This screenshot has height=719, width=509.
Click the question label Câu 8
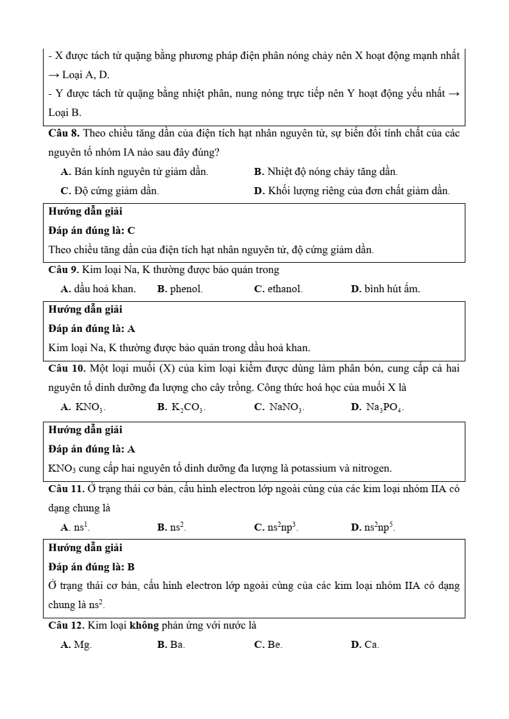[64, 133]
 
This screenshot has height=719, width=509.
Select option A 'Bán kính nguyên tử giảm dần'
[134, 172]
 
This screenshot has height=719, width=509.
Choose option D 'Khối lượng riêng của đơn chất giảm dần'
[352, 191]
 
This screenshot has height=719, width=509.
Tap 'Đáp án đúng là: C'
[92, 231]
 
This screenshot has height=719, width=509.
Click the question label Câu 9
[64, 270]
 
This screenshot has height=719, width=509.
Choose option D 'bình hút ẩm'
[385, 289]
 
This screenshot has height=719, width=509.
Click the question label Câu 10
[67, 368]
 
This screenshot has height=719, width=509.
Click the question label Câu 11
[67, 489]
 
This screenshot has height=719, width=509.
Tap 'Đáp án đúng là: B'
[92, 567]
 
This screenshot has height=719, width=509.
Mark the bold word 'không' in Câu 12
[148, 625]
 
